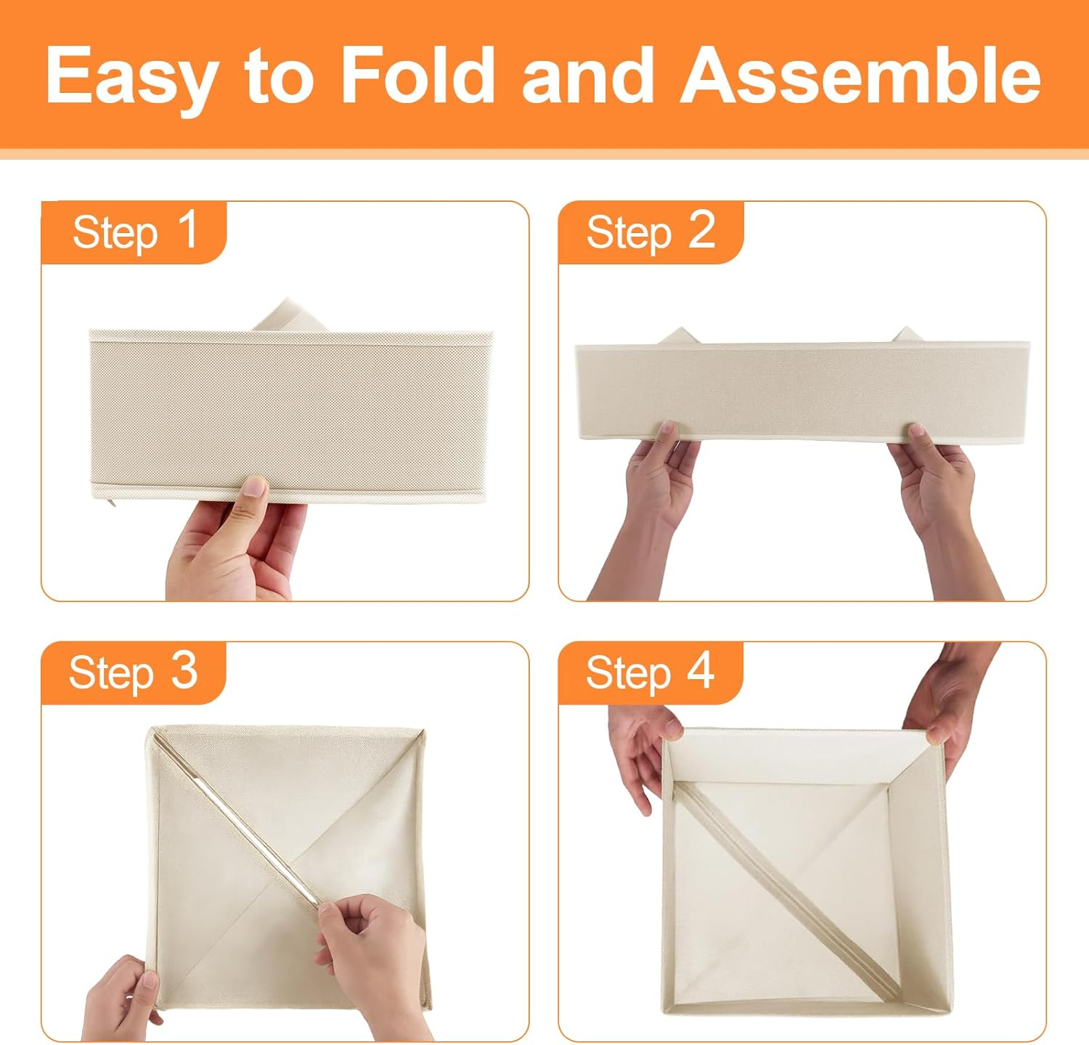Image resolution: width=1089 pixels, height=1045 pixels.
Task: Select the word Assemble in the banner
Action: (x=861, y=76)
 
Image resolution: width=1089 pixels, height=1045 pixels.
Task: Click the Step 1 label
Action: (x=135, y=232)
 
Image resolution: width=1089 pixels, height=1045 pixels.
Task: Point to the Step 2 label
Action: (x=650, y=232)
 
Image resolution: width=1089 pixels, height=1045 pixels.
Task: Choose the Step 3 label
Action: (x=134, y=672)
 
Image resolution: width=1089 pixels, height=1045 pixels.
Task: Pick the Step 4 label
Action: (x=650, y=672)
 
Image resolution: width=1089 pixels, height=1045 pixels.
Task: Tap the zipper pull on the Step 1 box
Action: (x=110, y=502)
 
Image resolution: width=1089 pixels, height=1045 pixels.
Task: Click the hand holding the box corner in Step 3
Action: (x=120, y=999)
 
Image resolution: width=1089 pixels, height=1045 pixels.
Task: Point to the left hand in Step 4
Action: (x=643, y=755)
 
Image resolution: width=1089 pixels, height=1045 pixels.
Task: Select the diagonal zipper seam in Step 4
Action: (x=788, y=897)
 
